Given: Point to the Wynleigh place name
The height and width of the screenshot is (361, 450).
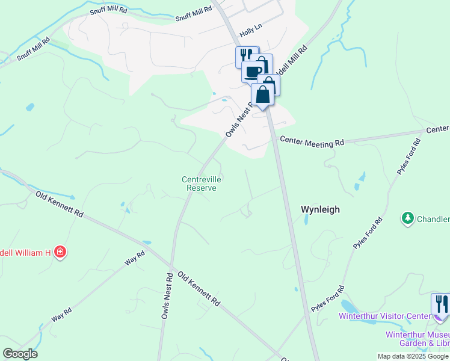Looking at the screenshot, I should [x=320, y=209].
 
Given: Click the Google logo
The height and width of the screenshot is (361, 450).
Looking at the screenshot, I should [x=20, y=354].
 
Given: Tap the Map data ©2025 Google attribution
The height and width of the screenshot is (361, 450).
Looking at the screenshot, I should [x=413, y=356].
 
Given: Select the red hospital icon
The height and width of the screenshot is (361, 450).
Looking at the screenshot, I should [x=60, y=251].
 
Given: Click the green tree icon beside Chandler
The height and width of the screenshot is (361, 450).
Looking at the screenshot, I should [x=408, y=218].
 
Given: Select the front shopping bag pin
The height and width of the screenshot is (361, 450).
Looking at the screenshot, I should [x=262, y=95].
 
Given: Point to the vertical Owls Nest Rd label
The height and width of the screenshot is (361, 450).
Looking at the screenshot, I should [x=167, y=295].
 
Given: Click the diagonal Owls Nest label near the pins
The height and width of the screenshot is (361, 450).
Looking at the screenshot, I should [x=238, y=119].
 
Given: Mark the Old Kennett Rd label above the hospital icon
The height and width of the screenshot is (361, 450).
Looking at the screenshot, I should [x=59, y=205].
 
